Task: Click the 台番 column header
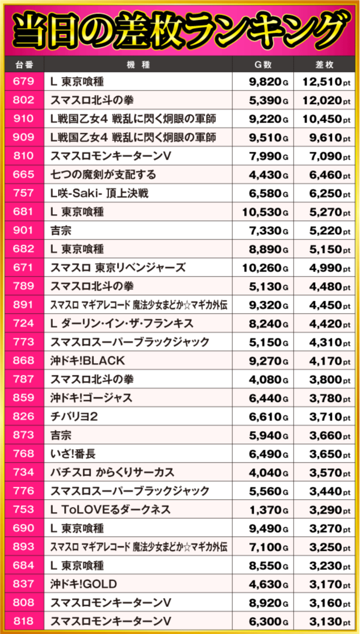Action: (x=23, y=64)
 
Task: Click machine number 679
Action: (x=23, y=82)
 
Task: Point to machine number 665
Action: (x=23, y=175)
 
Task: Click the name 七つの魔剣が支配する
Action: (x=103, y=175)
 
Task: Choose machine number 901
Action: (x=23, y=230)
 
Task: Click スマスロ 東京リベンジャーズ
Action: (x=118, y=268)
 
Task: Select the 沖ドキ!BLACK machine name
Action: (x=88, y=360)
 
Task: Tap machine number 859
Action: (x=23, y=398)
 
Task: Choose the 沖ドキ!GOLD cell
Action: (x=84, y=584)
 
